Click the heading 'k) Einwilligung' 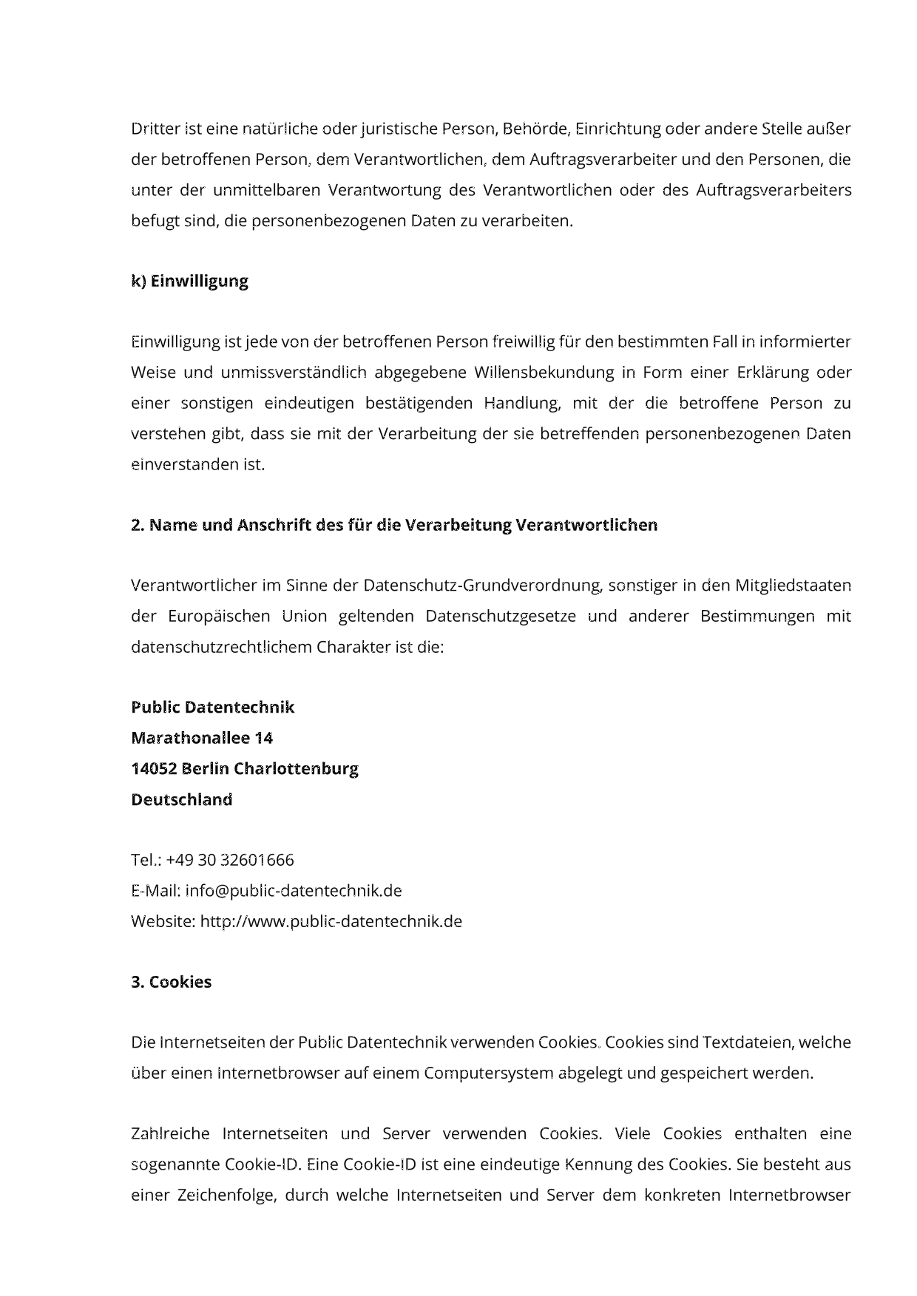click(189, 281)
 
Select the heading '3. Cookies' click(171, 982)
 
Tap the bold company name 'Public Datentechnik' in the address click(212, 708)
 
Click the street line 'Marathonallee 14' click(201, 738)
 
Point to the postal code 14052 click(153, 769)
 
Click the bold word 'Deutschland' click(181, 800)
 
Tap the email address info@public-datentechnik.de click(294, 891)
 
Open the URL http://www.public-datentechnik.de click(331, 922)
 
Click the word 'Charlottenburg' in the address click(296, 769)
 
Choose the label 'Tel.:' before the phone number click(146, 860)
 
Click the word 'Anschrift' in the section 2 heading click(271, 525)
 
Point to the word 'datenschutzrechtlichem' click(221, 648)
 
